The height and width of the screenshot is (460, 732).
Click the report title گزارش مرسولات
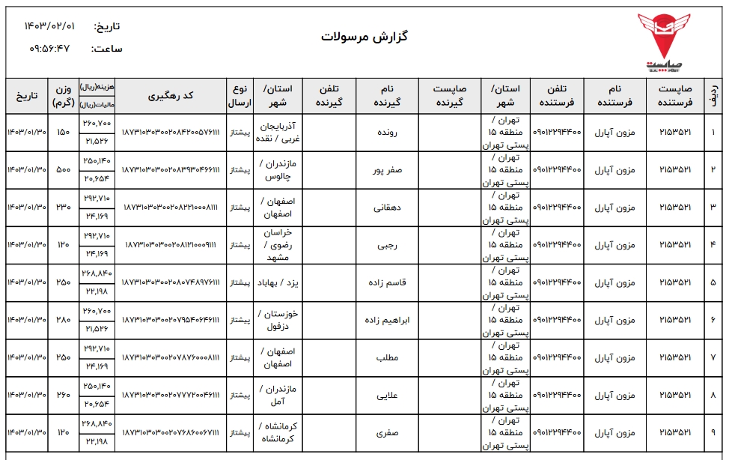click(x=365, y=36)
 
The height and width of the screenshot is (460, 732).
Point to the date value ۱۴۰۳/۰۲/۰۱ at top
click(x=50, y=25)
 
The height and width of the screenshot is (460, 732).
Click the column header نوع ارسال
click(x=240, y=95)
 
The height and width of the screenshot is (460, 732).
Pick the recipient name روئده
click(x=388, y=133)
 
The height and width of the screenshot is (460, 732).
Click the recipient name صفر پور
click(x=388, y=170)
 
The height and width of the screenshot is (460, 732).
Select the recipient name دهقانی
click(x=387, y=208)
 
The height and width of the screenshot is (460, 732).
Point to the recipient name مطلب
click(x=388, y=357)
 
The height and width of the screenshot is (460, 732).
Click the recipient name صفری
click(x=388, y=432)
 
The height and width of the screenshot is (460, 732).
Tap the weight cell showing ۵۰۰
click(x=64, y=170)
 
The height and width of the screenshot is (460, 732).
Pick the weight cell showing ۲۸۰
click(x=64, y=320)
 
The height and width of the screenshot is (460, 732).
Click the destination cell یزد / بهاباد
click(x=278, y=282)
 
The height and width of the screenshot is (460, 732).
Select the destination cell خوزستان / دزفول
click(x=278, y=320)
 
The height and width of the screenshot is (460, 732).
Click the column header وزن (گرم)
click(x=64, y=95)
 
